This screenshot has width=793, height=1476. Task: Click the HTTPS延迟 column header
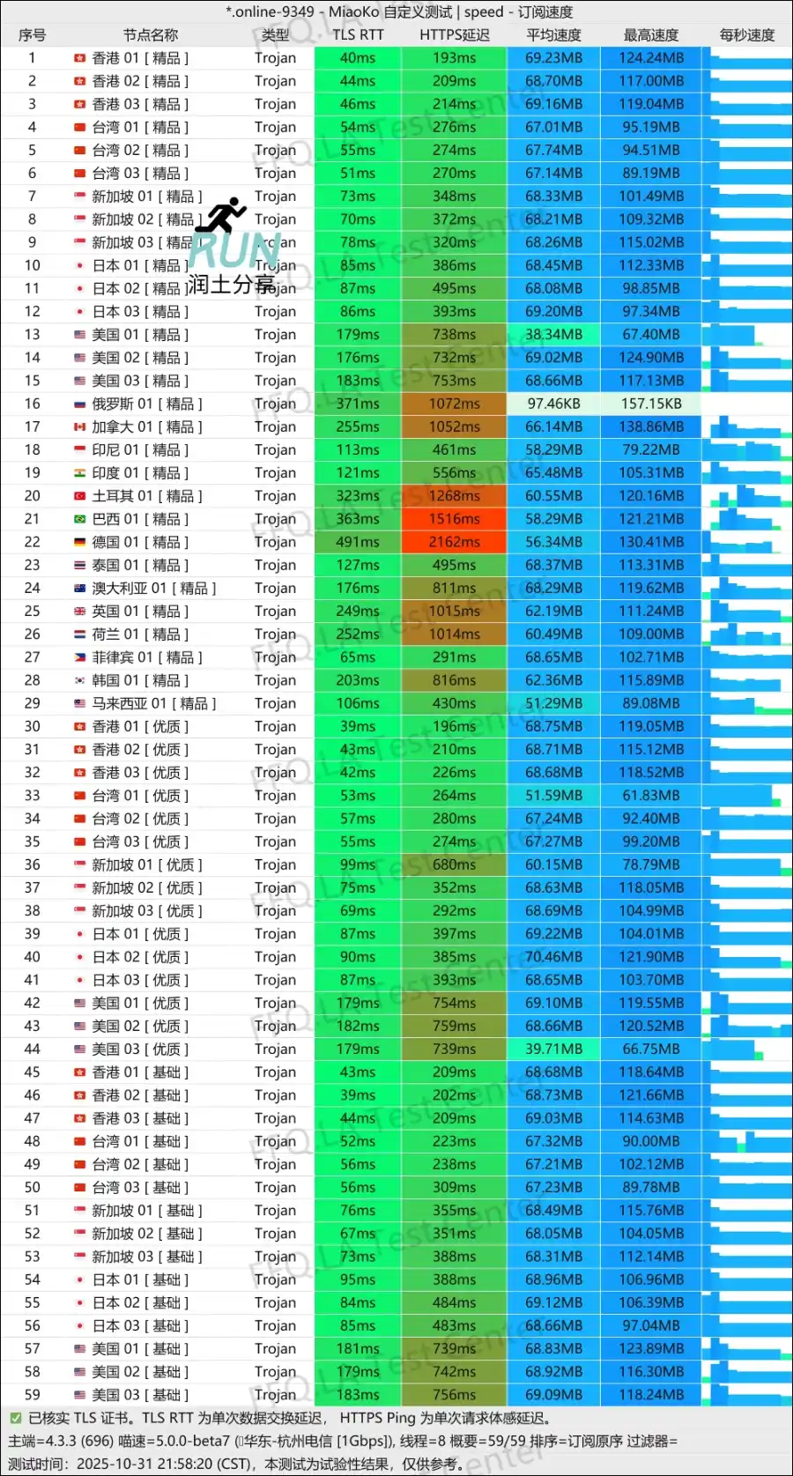pos(454,35)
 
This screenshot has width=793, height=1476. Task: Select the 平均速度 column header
pos(553,35)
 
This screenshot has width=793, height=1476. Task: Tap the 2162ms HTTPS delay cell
pos(454,542)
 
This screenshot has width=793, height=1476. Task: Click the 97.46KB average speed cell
pos(553,404)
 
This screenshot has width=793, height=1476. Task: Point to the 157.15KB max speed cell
pos(651,404)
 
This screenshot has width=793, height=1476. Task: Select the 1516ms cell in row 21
pos(454,519)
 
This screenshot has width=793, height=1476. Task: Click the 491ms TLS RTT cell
pos(358,542)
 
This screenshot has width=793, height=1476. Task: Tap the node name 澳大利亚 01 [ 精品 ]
pos(153,588)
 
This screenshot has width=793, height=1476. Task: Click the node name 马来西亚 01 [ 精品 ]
pos(153,703)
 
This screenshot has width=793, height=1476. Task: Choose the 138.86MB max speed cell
pos(651,426)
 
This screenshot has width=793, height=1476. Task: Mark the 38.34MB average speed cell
pos(553,335)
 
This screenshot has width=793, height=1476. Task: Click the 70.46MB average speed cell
pos(553,957)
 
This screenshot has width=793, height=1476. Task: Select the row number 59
pos(33,1395)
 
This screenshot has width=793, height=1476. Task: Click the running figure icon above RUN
pos(226,214)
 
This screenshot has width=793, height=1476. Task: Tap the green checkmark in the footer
pos(15,1418)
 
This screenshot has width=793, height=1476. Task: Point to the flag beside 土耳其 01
pos(79,496)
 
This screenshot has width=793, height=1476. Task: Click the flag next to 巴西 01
pos(79,519)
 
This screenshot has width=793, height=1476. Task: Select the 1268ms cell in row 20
pos(454,496)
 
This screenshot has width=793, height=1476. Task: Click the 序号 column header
pos(33,35)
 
